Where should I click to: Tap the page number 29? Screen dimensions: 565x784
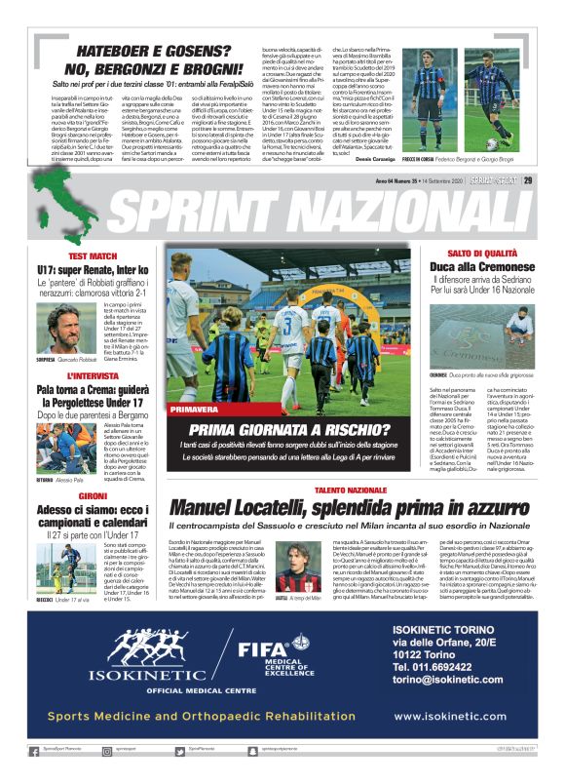click(x=527, y=178)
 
